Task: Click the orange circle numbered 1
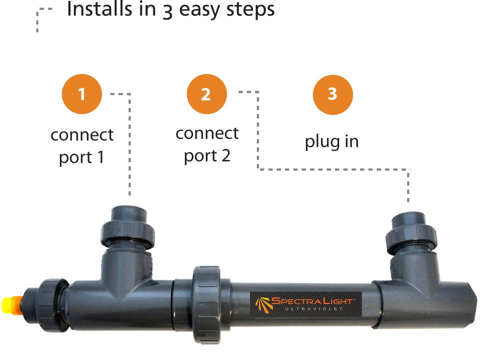pyautogui.click(x=81, y=94)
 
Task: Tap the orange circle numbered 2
pyautogui.click(x=206, y=94)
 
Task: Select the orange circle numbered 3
pyautogui.click(x=332, y=94)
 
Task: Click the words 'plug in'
pyautogui.click(x=331, y=141)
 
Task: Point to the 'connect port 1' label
pyautogui.click(x=82, y=145)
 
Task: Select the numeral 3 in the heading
pyautogui.click(x=167, y=10)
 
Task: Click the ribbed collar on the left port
pyautogui.click(x=128, y=234)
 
